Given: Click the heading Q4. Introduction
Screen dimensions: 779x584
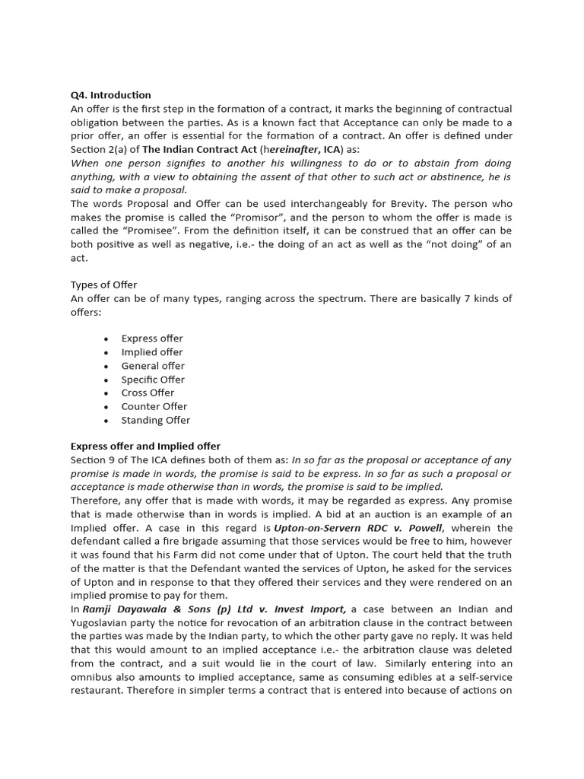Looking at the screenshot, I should pyautogui.click(x=111, y=95).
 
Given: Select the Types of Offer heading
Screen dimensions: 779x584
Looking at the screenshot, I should pyautogui.click(x=104, y=285).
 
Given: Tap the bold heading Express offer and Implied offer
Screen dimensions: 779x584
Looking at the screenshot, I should pyautogui.click(x=145, y=446).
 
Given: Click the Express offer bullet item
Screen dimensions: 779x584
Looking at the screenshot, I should pyautogui.click(x=152, y=339).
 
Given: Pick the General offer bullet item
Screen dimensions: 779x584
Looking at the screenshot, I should pyautogui.click(x=153, y=366).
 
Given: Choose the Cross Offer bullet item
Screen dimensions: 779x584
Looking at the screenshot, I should pyautogui.click(x=148, y=393).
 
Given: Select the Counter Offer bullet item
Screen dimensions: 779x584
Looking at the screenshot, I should pyautogui.click(x=154, y=406).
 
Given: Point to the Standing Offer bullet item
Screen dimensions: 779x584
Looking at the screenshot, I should pyautogui.click(x=156, y=420).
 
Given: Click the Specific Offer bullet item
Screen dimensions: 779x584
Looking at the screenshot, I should pyautogui.click(x=153, y=380).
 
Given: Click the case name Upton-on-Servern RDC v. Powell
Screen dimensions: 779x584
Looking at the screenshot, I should pyautogui.click(x=358, y=528).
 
